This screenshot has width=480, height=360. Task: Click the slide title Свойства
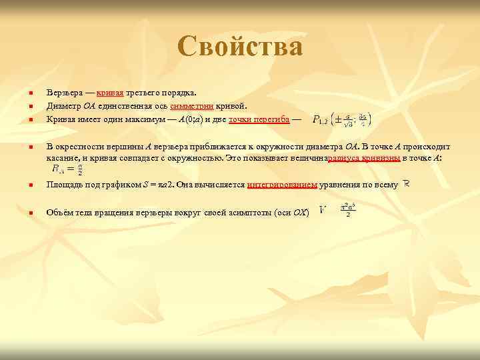coord(240,47)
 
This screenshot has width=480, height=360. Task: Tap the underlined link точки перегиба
coord(259,119)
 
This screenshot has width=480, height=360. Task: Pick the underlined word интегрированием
coord(281,185)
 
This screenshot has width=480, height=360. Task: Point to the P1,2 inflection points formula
coord(341,121)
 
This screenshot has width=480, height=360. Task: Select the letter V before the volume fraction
coord(323,210)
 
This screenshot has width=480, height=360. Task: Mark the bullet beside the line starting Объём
coord(23,213)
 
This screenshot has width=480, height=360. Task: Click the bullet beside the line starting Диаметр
coord(23,106)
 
